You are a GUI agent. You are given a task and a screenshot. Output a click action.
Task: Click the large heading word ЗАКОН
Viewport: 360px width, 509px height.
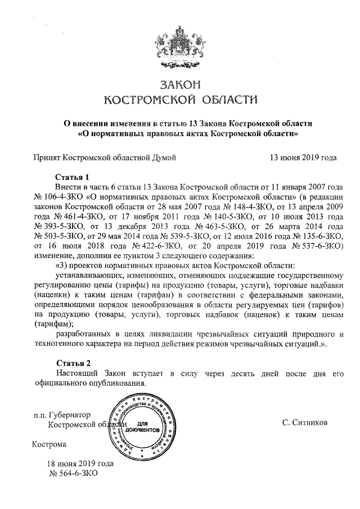180,85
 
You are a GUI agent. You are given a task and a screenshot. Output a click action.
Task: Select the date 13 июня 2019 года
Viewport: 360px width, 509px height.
304,157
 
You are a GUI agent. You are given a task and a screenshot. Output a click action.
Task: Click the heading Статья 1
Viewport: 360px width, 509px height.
73,176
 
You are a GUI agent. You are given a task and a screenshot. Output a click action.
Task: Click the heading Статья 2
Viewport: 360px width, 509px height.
73,362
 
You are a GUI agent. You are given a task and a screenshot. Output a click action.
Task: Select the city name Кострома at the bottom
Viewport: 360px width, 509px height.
49,444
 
